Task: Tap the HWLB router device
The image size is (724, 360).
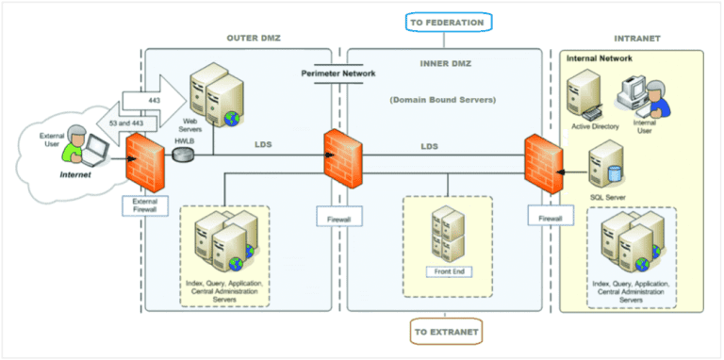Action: [x=182, y=154]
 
